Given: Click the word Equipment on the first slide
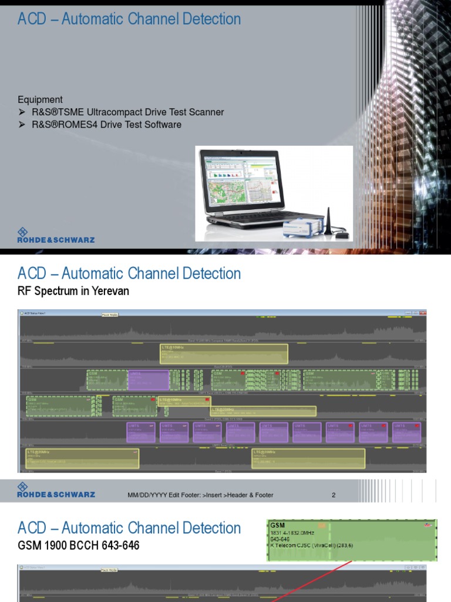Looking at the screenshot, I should click(40, 99).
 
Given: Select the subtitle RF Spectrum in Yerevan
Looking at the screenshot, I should click(73, 291).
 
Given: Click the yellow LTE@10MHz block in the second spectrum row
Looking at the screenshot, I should click(224, 354).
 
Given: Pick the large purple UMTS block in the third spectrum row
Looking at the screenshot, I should click(148, 380).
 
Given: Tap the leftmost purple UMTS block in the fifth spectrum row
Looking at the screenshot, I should click(141, 432).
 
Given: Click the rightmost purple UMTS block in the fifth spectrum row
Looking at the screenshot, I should click(407, 432).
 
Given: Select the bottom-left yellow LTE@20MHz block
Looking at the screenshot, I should click(82, 459).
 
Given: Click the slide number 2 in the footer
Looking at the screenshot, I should click(334, 495).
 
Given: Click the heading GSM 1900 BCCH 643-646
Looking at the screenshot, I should click(79, 546).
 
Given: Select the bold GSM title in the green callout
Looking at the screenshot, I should click(277, 524).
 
